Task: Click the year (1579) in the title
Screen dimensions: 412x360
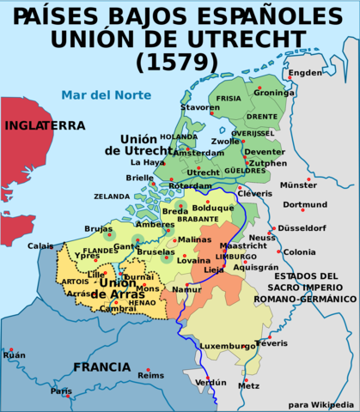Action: [x=179, y=61]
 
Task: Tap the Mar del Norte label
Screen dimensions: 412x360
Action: [x=97, y=95]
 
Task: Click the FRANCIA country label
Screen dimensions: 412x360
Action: [x=101, y=367]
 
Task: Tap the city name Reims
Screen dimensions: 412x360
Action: [x=150, y=375]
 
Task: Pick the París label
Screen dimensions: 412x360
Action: [x=61, y=391]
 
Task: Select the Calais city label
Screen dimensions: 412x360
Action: [x=40, y=245]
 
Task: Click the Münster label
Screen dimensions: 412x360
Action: [x=299, y=185]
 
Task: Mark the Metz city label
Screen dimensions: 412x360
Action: [x=248, y=385]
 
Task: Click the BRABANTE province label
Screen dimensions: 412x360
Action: [x=198, y=218]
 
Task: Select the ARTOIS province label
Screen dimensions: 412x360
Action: [x=75, y=281]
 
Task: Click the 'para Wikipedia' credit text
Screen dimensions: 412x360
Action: [x=320, y=404]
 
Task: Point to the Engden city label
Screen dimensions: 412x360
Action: [x=305, y=73]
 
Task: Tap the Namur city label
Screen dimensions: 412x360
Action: [x=187, y=289]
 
